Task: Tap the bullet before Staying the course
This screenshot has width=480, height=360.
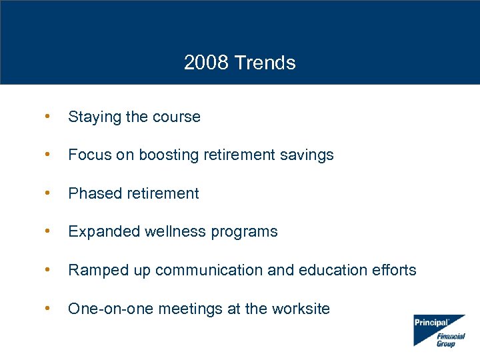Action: tap(45, 117)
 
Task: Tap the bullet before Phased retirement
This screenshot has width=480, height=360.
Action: tap(45, 193)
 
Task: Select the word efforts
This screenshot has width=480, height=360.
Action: tap(394, 270)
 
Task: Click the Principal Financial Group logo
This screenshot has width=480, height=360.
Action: tap(439, 330)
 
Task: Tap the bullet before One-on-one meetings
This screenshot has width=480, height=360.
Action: tap(45, 309)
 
